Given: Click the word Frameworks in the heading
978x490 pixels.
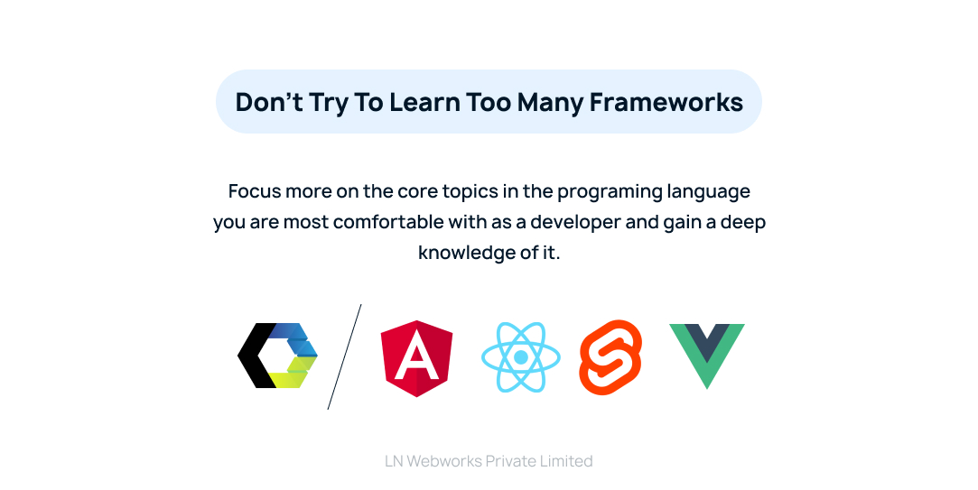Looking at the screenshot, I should (666, 102).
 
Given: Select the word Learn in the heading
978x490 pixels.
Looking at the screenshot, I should (425, 102).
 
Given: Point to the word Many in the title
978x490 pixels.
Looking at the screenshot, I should (550, 102).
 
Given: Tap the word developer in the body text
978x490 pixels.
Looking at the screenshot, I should (579, 222).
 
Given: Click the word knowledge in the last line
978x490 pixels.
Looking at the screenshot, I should (465, 253).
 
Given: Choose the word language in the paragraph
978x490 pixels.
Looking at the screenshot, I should (709, 192).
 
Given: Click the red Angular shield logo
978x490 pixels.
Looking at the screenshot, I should (416, 358).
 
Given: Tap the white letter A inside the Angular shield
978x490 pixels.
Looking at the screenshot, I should (416, 359).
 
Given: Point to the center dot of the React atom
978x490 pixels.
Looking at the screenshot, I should (521, 357).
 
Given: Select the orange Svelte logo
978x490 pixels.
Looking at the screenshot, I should (610, 357).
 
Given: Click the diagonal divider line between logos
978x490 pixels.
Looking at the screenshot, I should (344, 356).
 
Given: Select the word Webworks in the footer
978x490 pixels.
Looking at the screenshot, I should (444, 461).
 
